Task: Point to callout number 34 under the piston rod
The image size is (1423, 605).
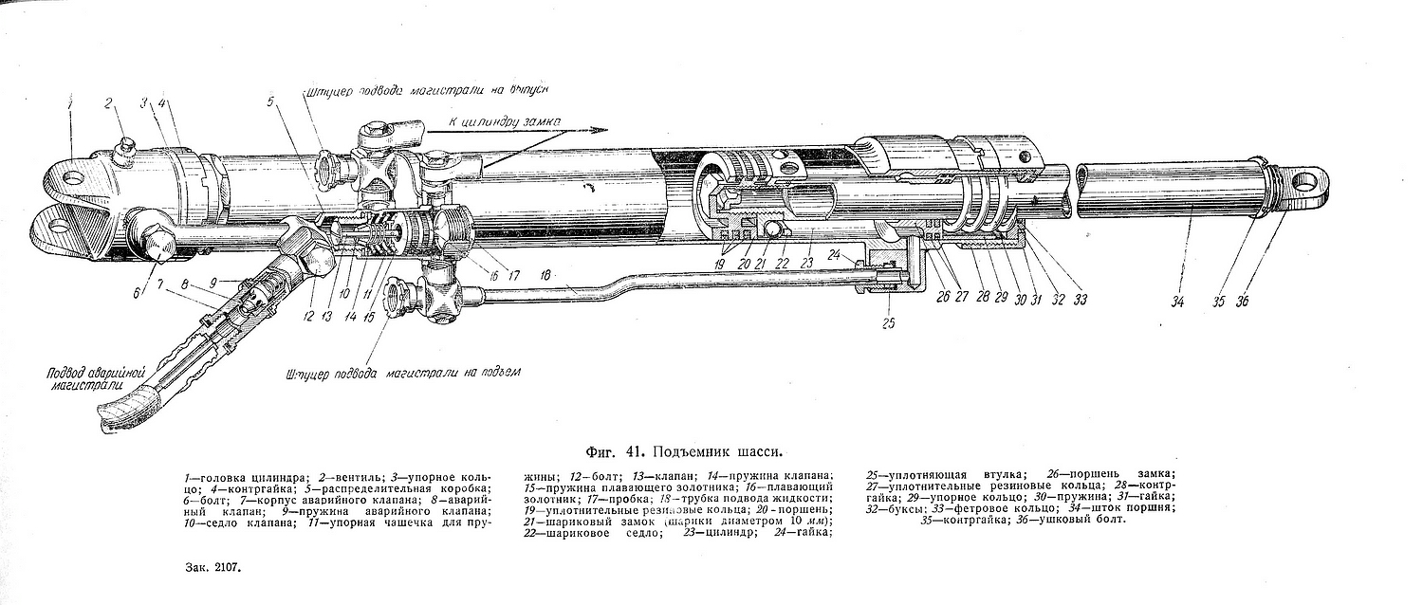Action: click(x=1177, y=302)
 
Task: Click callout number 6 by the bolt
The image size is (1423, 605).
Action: click(x=139, y=293)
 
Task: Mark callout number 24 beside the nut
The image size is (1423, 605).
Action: click(x=836, y=253)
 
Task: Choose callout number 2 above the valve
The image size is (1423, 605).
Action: click(x=108, y=102)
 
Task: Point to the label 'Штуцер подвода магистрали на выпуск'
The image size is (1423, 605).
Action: click(x=429, y=90)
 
